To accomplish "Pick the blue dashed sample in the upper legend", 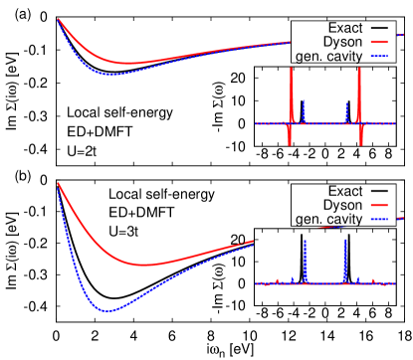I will click(x=381, y=57).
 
